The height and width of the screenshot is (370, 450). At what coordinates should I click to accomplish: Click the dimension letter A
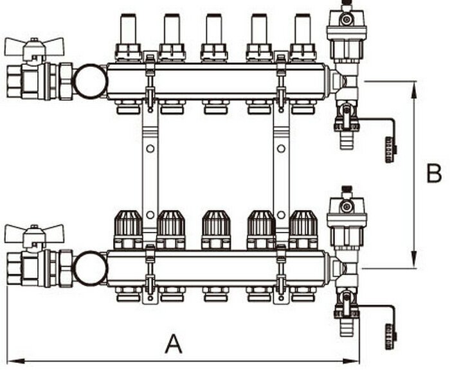(x=173, y=344)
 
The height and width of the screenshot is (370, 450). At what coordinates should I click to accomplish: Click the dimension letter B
(x=434, y=173)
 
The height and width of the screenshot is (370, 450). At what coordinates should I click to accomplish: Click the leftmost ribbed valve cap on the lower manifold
(x=128, y=226)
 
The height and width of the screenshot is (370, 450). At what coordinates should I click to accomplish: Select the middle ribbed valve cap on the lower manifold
(x=216, y=226)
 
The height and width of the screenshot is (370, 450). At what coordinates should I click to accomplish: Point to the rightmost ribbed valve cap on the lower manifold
(x=303, y=226)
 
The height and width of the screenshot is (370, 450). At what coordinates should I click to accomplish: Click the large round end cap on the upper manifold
(x=89, y=82)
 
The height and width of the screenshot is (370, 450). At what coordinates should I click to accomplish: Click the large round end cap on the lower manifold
(x=89, y=268)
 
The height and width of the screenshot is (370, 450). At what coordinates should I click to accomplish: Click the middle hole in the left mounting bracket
(x=150, y=149)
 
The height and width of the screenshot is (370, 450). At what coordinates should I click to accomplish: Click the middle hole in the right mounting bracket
(x=281, y=149)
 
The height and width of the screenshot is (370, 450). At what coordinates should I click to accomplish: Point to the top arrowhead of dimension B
(x=413, y=87)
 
